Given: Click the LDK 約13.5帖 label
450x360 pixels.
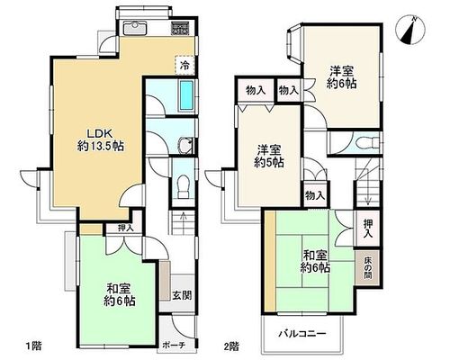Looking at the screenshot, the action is [101, 139].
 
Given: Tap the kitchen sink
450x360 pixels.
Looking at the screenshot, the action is [135, 28].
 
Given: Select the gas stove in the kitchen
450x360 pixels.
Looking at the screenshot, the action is [180, 29].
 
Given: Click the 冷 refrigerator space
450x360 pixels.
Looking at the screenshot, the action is [184, 66].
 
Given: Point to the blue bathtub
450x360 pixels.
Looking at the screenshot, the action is [185, 95].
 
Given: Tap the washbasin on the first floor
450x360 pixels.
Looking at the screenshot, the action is [185, 146].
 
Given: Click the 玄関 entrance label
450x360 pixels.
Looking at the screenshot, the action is [182, 295].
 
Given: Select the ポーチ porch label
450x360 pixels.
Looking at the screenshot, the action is [174, 346].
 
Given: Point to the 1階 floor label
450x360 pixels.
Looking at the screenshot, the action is [32, 346].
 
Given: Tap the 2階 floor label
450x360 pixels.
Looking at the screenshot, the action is [231, 346].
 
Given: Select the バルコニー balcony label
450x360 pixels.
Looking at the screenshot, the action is [301, 333].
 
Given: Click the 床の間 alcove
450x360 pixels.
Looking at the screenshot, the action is [368, 267].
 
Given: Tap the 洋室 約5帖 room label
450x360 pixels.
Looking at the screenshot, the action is [269, 156].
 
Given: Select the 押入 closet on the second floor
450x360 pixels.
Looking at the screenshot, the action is [368, 229].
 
